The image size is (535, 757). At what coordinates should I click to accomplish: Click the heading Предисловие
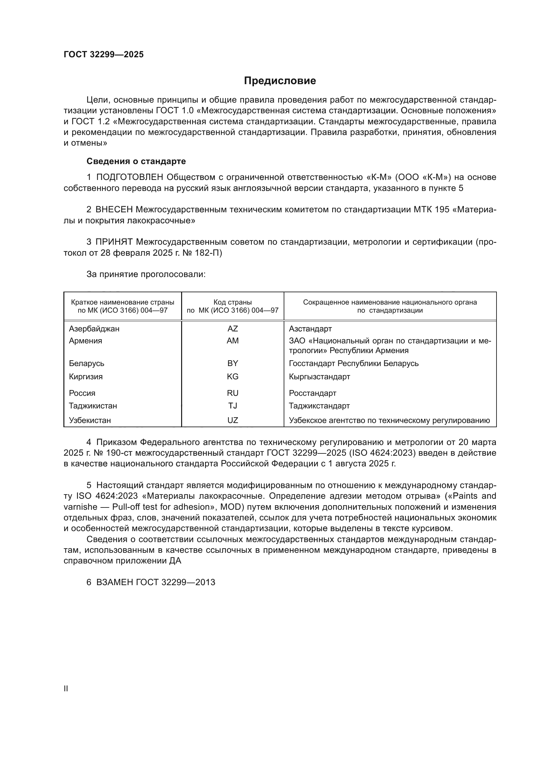coord(280,81)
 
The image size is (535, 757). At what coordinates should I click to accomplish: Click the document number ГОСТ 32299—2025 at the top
coord(104,55)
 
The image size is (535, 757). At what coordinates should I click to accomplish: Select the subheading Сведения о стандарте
coord(136,161)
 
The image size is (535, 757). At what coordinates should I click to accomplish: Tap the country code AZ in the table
coord(233,329)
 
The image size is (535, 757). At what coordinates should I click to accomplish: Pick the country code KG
coord(233,376)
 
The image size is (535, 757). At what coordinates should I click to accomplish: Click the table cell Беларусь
coord(86,363)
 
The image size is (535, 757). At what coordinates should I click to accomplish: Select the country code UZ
coord(233,420)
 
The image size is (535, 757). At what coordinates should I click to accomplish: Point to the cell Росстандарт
coord(312,393)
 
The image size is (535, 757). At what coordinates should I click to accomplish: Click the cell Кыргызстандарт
coord(319,376)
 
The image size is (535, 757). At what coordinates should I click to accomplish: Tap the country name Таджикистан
coord(93,406)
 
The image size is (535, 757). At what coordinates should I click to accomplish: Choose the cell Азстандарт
coord(310,329)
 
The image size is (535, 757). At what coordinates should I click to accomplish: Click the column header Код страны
coord(233,302)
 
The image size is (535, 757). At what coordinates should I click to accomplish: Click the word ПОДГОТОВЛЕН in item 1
coord(129,177)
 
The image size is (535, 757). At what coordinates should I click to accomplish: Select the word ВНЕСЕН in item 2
coord(114,210)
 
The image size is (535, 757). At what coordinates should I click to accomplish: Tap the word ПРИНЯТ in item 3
coord(114,242)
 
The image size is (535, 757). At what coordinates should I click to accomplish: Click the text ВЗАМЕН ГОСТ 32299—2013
coord(156,582)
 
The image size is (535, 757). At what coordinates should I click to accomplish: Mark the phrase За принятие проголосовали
coord(146,274)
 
